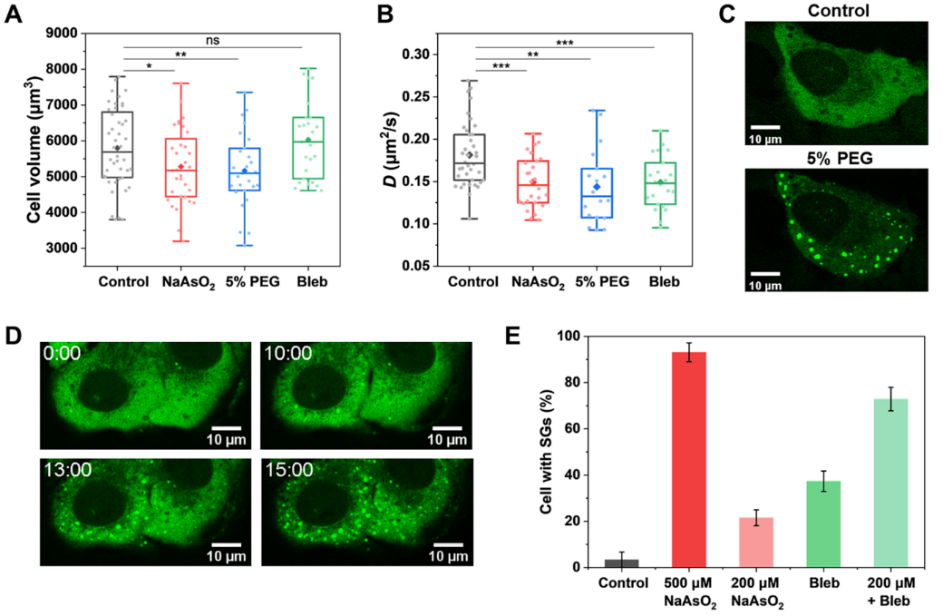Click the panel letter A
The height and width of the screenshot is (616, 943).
[x=15, y=14]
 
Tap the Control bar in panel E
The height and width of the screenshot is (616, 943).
[x=622, y=562]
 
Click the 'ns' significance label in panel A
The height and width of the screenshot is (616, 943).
[x=211, y=40]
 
